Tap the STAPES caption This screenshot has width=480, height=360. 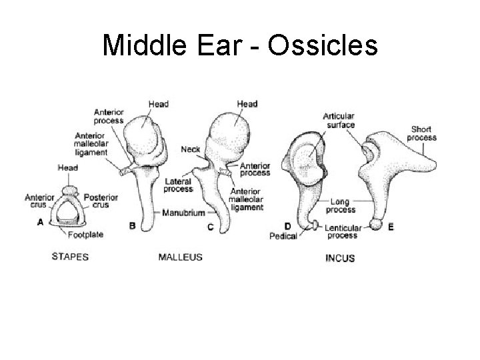pyautogui.click(x=71, y=257)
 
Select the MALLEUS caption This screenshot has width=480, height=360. pyautogui.click(x=180, y=257)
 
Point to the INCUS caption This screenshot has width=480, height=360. pyautogui.click(x=340, y=258)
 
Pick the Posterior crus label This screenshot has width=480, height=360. pyautogui.click(x=101, y=201)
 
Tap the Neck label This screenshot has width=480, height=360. pyautogui.click(x=190, y=149)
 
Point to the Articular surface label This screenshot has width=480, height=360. pyautogui.click(x=340, y=120)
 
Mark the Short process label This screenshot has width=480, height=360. pyautogui.click(x=423, y=133)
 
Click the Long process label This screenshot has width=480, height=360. pyautogui.click(x=341, y=205)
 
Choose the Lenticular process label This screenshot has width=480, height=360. pyautogui.click(x=343, y=231)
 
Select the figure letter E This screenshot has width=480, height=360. pyautogui.click(x=391, y=227)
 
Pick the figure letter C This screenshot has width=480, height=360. pyautogui.click(x=211, y=227)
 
